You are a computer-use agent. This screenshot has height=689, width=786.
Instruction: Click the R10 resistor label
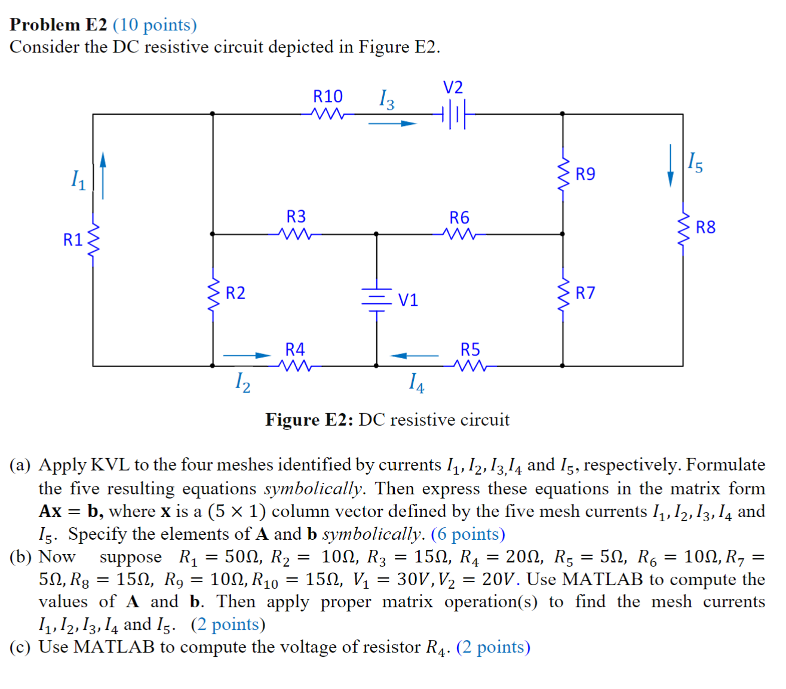(x=328, y=97)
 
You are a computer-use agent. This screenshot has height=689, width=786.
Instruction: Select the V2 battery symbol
(x=453, y=113)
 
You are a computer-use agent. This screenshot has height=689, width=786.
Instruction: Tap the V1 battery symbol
(x=376, y=299)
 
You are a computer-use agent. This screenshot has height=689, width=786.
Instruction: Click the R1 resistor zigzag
(x=93, y=241)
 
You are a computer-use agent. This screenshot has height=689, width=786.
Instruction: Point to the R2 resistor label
(x=235, y=293)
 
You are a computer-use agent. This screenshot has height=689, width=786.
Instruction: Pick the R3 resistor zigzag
(x=296, y=234)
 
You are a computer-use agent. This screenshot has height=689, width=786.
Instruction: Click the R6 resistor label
(x=459, y=217)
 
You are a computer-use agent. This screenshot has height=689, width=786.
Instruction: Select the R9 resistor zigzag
(x=563, y=174)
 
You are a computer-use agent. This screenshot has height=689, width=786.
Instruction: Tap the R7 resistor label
(x=585, y=293)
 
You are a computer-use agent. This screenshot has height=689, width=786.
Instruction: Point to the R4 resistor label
(x=295, y=349)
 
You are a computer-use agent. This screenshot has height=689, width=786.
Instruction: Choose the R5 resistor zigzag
(x=471, y=365)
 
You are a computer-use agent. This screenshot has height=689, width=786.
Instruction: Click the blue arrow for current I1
(x=103, y=175)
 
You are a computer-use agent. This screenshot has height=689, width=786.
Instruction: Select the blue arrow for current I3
(x=392, y=124)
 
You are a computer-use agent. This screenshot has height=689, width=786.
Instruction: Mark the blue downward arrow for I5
(x=671, y=165)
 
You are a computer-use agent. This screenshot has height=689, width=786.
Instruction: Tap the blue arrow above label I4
(x=415, y=356)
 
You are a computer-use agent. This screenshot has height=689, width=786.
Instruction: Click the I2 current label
(x=242, y=382)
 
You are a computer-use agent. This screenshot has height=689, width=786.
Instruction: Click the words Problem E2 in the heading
(x=59, y=24)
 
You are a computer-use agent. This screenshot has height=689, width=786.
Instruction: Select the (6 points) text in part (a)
(x=468, y=534)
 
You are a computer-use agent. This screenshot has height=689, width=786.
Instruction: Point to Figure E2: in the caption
(x=310, y=420)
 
